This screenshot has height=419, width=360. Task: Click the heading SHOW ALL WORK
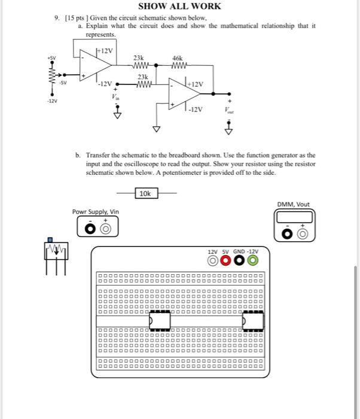point(179,6)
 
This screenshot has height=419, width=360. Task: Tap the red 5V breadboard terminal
point(225,260)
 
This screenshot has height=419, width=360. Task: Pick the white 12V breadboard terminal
point(212,260)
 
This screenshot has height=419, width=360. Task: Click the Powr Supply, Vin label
point(96,211)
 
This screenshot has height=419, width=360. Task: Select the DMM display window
point(294,217)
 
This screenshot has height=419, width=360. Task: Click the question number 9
point(56,18)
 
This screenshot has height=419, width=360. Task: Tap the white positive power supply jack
point(106,229)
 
